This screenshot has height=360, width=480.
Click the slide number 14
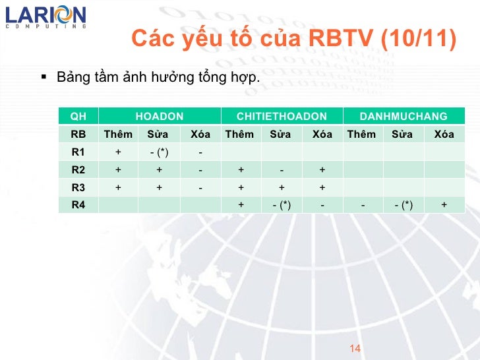click(x=355, y=348)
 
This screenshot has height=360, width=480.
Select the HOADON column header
click(x=159, y=117)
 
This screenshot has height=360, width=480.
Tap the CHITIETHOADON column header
click(x=282, y=117)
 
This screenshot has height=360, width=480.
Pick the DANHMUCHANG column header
click(x=404, y=117)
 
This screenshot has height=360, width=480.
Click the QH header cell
click(x=78, y=117)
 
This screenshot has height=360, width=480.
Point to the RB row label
click(x=78, y=135)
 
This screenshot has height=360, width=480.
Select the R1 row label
click(x=78, y=152)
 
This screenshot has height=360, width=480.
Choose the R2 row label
click(x=78, y=169)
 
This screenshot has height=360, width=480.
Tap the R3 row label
click(x=78, y=187)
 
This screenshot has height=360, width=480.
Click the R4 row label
click(x=78, y=204)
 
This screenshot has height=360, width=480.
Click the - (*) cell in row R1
click(x=159, y=152)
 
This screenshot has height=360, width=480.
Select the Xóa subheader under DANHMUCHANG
click(x=444, y=135)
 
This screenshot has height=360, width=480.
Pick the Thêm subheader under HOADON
click(x=118, y=135)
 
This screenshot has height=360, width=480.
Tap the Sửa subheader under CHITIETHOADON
click(x=282, y=135)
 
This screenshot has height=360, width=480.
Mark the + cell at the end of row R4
click(x=444, y=204)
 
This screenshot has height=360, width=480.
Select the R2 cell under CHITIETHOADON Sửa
click(x=282, y=169)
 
